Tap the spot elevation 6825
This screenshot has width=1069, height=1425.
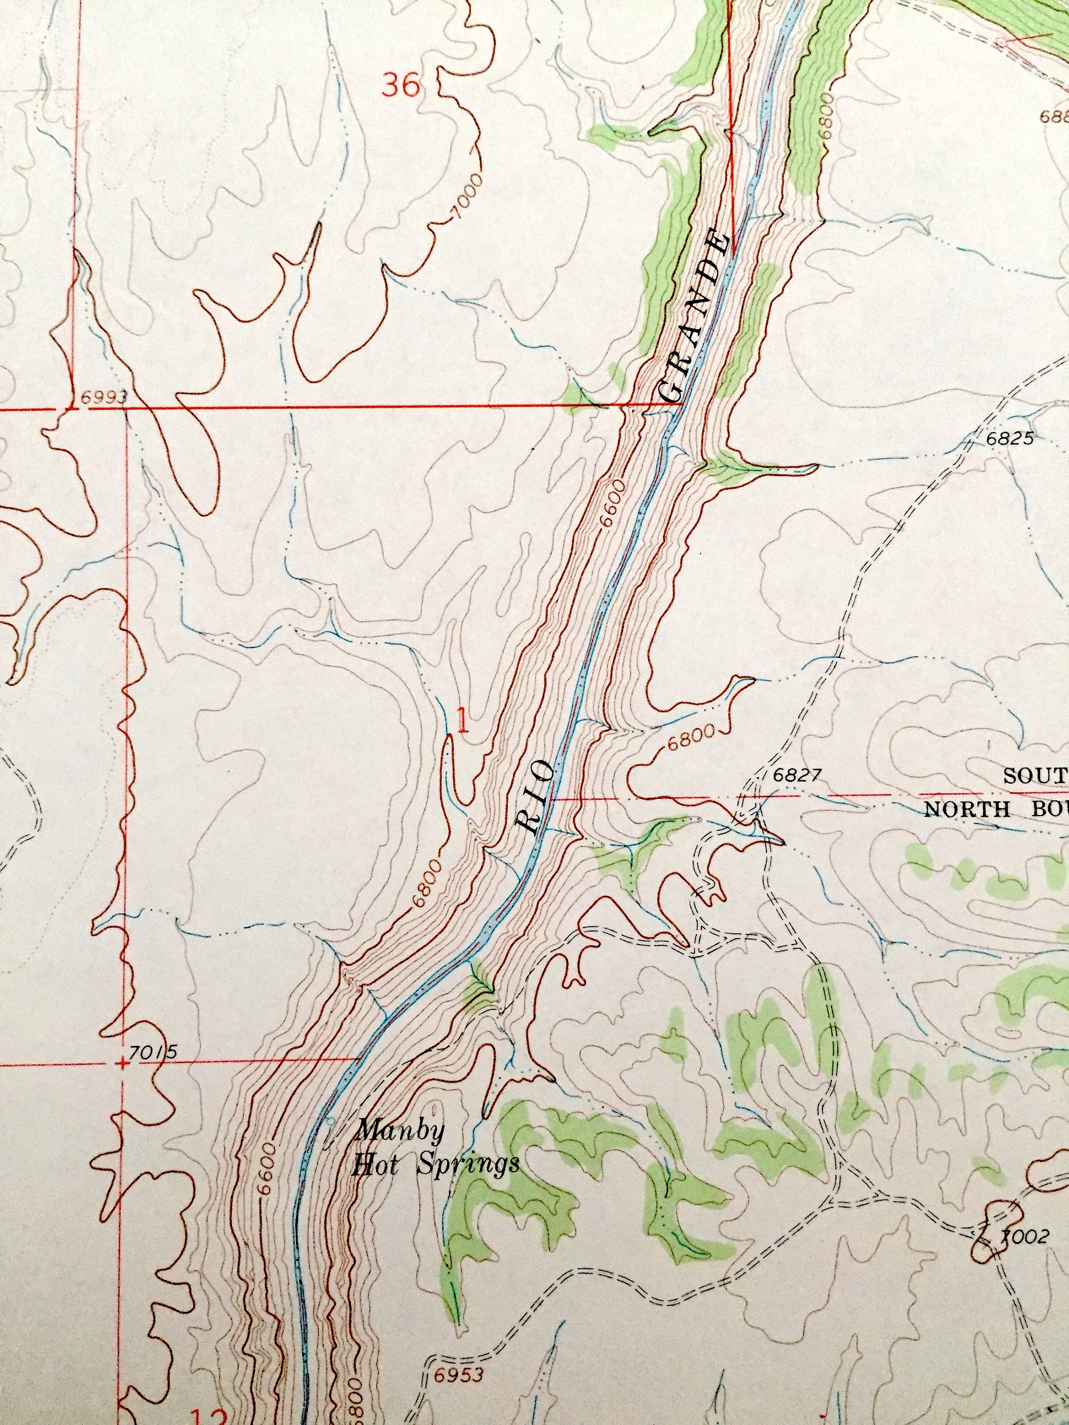1010,439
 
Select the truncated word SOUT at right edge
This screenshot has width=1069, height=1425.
1035,776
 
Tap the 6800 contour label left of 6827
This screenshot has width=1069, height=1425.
691,738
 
